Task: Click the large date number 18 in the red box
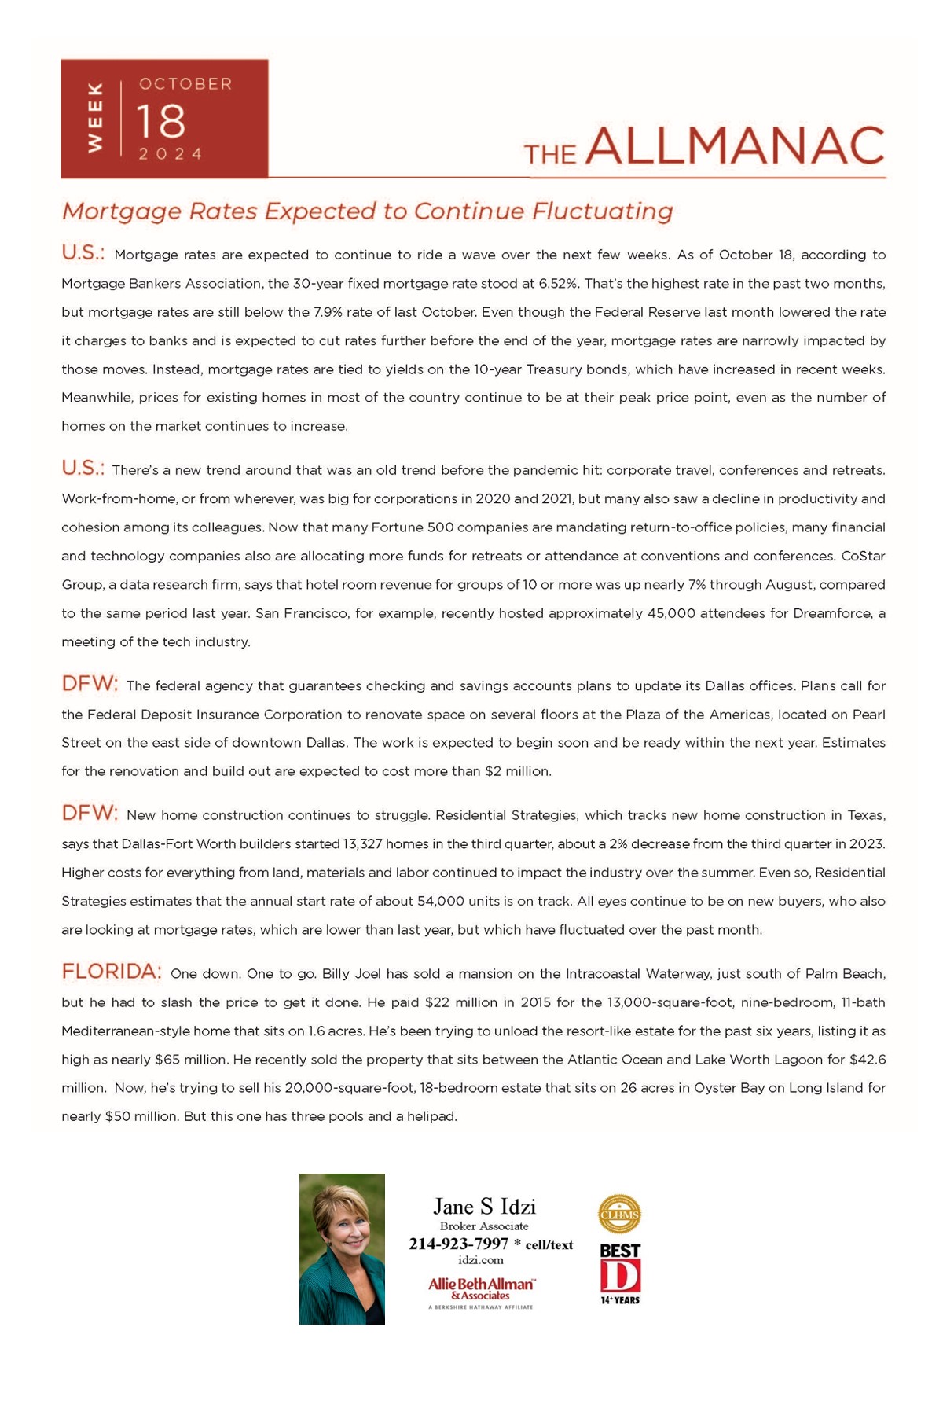[x=162, y=121]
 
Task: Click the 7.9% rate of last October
[x=327, y=312]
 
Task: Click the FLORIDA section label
[x=112, y=972]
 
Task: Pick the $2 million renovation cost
[x=518, y=771]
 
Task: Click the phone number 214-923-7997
[x=458, y=1244]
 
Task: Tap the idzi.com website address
[x=480, y=1260]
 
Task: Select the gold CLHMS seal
[x=619, y=1214]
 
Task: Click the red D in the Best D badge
[x=619, y=1276]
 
